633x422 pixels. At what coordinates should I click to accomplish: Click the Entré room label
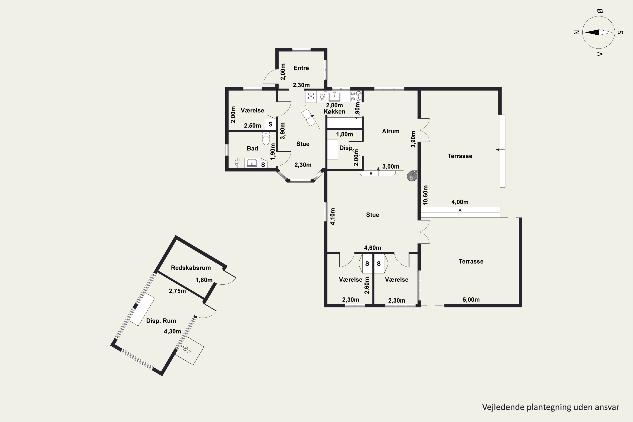(301, 68)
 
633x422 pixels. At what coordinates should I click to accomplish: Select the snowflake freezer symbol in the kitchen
(311, 96)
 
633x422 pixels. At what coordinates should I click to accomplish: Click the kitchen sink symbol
(334, 96)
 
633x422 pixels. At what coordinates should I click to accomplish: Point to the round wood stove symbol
(412, 177)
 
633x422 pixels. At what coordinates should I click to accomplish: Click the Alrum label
(391, 131)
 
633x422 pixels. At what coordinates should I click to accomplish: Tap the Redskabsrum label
(191, 268)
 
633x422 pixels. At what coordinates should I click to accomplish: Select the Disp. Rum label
(161, 321)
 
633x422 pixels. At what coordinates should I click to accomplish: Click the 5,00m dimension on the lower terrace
(471, 300)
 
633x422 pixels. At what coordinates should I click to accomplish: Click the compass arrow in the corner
(599, 32)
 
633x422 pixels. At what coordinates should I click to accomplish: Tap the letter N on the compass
(576, 32)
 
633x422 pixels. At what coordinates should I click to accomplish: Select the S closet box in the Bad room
(263, 164)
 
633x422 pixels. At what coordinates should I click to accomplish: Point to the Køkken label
(334, 111)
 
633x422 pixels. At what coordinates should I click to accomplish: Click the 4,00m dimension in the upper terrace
(460, 202)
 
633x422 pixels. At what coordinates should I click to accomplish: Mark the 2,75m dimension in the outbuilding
(177, 291)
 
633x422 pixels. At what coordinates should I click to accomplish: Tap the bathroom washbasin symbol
(252, 163)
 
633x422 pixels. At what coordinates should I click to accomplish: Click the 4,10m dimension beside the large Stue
(333, 216)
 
